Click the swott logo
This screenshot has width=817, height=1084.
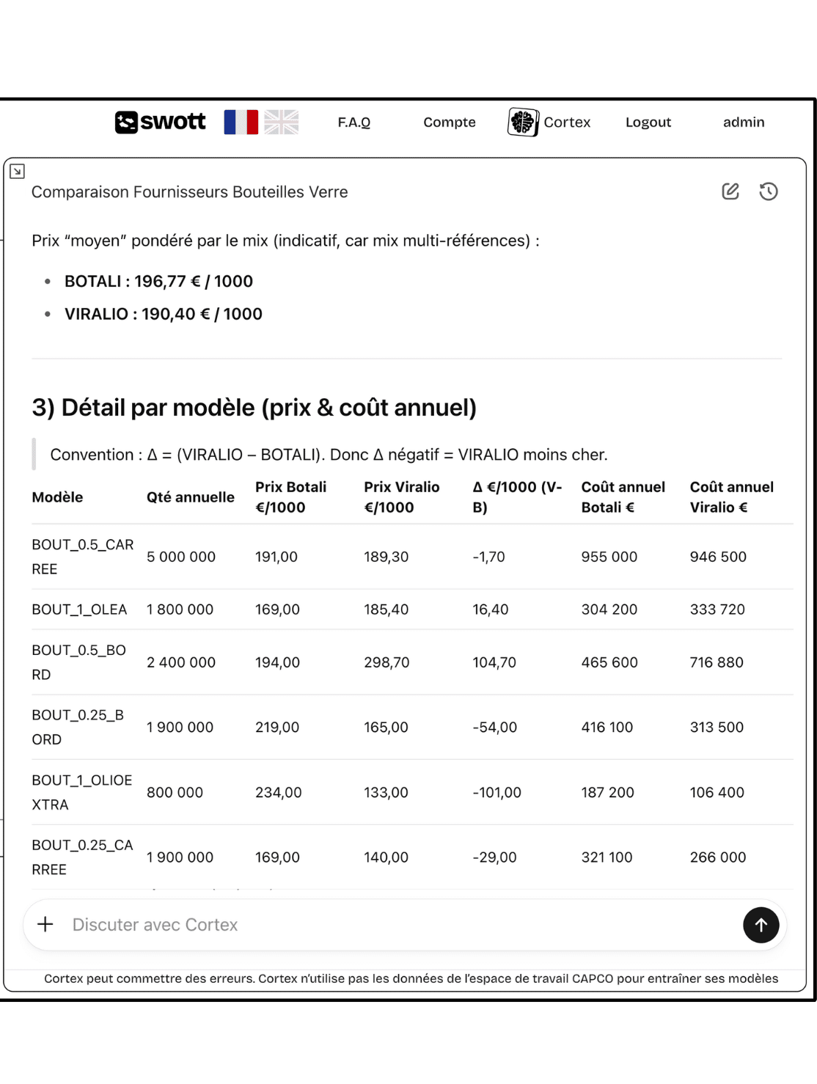160,122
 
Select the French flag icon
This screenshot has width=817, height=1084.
241,122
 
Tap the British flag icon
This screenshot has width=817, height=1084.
282,122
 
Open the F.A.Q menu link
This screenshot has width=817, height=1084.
353,122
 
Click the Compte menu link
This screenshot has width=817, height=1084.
449,122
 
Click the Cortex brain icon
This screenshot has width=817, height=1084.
523,122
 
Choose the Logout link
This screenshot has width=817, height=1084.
648,122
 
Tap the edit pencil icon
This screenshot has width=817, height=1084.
730,191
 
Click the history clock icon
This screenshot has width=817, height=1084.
768,191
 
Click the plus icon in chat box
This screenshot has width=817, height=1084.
45,924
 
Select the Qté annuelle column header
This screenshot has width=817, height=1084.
190,497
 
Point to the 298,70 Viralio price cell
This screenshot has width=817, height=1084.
386,662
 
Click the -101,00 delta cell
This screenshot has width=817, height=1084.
497,792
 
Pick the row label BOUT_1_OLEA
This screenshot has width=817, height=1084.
79,609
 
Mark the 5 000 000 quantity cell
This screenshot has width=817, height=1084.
180,557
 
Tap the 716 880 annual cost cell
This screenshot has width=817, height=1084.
716,662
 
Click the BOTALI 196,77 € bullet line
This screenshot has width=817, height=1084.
158,282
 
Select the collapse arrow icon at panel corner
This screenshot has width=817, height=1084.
17,172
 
